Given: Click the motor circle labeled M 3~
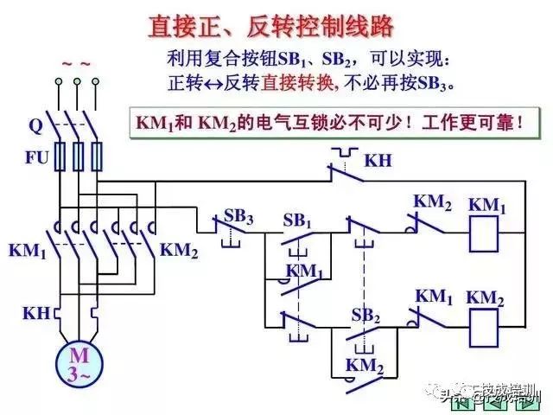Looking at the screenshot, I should point(79,363).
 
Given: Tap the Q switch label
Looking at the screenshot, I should point(35,124).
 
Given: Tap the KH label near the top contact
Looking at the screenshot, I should point(378,161).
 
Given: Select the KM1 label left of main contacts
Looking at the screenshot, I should point(28,251).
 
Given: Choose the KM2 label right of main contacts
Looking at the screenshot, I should point(180,251).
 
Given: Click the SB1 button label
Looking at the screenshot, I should point(297,220).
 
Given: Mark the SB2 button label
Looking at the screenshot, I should point(365,316).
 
